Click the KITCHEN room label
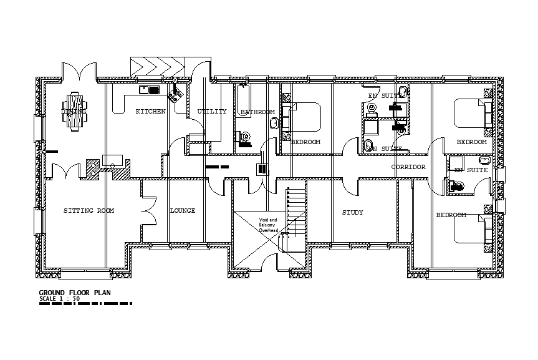point(150,112)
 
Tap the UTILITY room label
point(212,112)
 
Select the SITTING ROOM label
point(89,211)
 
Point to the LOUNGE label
point(183,211)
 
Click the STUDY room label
point(352,213)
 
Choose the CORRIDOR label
point(408,167)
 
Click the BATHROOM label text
point(257,112)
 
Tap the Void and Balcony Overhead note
point(268,225)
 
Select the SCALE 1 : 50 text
point(59,299)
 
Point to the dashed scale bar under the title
point(85,304)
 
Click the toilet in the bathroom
point(244,137)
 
